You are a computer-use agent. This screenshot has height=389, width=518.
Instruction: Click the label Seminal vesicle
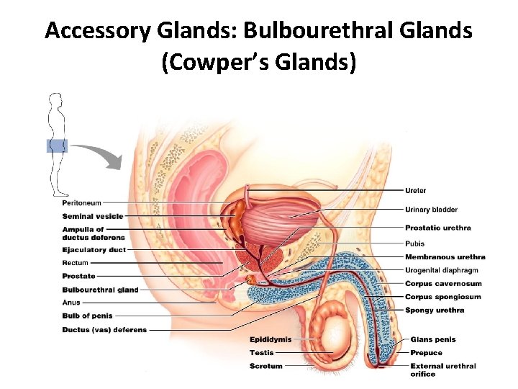click(x=92, y=216)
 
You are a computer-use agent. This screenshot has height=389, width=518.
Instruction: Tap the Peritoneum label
click(x=81, y=203)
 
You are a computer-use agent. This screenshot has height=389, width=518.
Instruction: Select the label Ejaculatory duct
click(x=94, y=250)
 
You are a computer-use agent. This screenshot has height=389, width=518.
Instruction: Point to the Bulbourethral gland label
click(x=100, y=290)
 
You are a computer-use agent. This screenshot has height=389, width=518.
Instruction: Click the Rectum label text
click(x=75, y=263)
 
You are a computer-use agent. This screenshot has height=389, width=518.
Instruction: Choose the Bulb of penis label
click(x=87, y=316)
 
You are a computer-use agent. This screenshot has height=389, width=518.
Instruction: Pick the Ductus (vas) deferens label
click(x=104, y=330)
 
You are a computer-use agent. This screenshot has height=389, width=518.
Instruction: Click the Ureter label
click(x=415, y=191)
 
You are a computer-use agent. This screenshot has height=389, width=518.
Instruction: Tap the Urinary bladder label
click(x=431, y=210)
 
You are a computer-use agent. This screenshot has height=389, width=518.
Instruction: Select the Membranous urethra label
click(x=445, y=257)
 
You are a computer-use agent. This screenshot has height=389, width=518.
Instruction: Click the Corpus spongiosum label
click(x=442, y=297)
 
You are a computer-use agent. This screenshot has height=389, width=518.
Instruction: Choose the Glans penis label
click(x=432, y=340)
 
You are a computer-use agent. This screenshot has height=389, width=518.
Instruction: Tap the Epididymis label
click(x=271, y=339)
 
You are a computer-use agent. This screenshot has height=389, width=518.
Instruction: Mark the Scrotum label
click(x=266, y=366)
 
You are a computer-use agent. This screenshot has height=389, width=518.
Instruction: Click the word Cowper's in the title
click(x=217, y=62)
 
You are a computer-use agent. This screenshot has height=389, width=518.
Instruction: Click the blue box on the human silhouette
click(x=57, y=146)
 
